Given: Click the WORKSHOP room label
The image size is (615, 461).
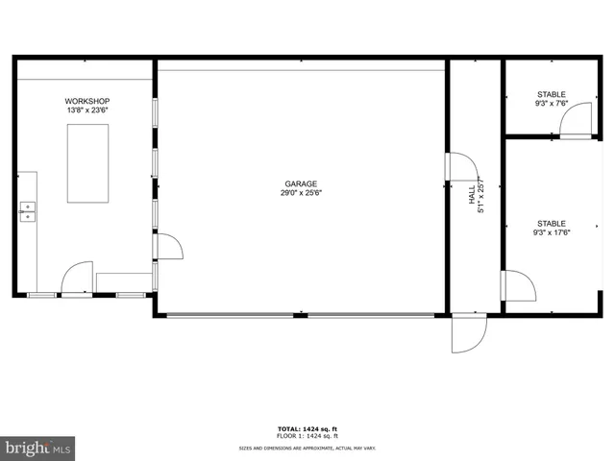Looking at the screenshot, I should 87,102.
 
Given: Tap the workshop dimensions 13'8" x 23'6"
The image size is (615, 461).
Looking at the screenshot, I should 87,110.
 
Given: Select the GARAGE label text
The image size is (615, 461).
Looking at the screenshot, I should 300,184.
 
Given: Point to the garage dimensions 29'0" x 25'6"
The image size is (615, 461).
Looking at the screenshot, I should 300,193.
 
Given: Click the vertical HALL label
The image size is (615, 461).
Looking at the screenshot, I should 472,195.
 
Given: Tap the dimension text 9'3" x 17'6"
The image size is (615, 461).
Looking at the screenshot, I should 552,231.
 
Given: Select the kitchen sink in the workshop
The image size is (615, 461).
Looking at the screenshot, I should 28,211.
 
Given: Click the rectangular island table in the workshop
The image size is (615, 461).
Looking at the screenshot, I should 87,163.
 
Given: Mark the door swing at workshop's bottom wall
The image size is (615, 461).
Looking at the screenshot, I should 76,279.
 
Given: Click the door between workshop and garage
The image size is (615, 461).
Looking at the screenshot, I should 167,247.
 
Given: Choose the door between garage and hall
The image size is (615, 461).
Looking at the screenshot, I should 462,166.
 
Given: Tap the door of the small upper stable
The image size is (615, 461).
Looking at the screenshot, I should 576,121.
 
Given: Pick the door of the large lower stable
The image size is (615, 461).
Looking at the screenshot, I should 518,285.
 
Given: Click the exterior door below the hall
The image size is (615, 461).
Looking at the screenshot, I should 470,332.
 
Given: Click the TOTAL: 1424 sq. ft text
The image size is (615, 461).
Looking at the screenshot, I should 307,428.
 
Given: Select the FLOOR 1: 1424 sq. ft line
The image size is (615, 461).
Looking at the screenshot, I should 307,436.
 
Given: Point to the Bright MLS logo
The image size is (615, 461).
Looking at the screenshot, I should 37,448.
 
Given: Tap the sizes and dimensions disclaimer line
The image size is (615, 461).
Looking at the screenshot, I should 307,448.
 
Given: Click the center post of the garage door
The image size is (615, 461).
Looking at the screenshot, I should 301,314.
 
